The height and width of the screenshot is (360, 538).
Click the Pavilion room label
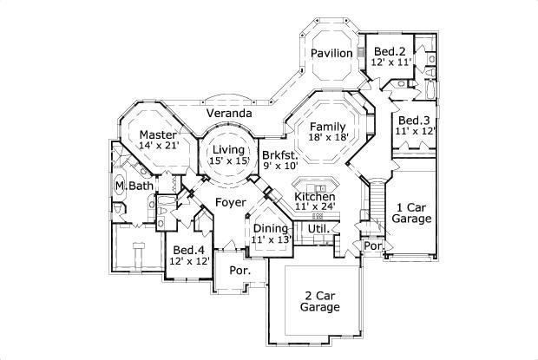click(x=332, y=54)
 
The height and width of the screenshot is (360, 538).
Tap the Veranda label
click(x=229, y=114)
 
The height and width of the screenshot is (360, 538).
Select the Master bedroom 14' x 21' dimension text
click(x=159, y=147)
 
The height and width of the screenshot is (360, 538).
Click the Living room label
click(x=229, y=150)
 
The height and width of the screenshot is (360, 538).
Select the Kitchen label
click(x=314, y=197)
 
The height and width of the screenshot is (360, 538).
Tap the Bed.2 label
click(x=387, y=51)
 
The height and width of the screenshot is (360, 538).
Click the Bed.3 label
click(x=414, y=120)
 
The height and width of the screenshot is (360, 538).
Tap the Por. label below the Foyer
click(x=239, y=270)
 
